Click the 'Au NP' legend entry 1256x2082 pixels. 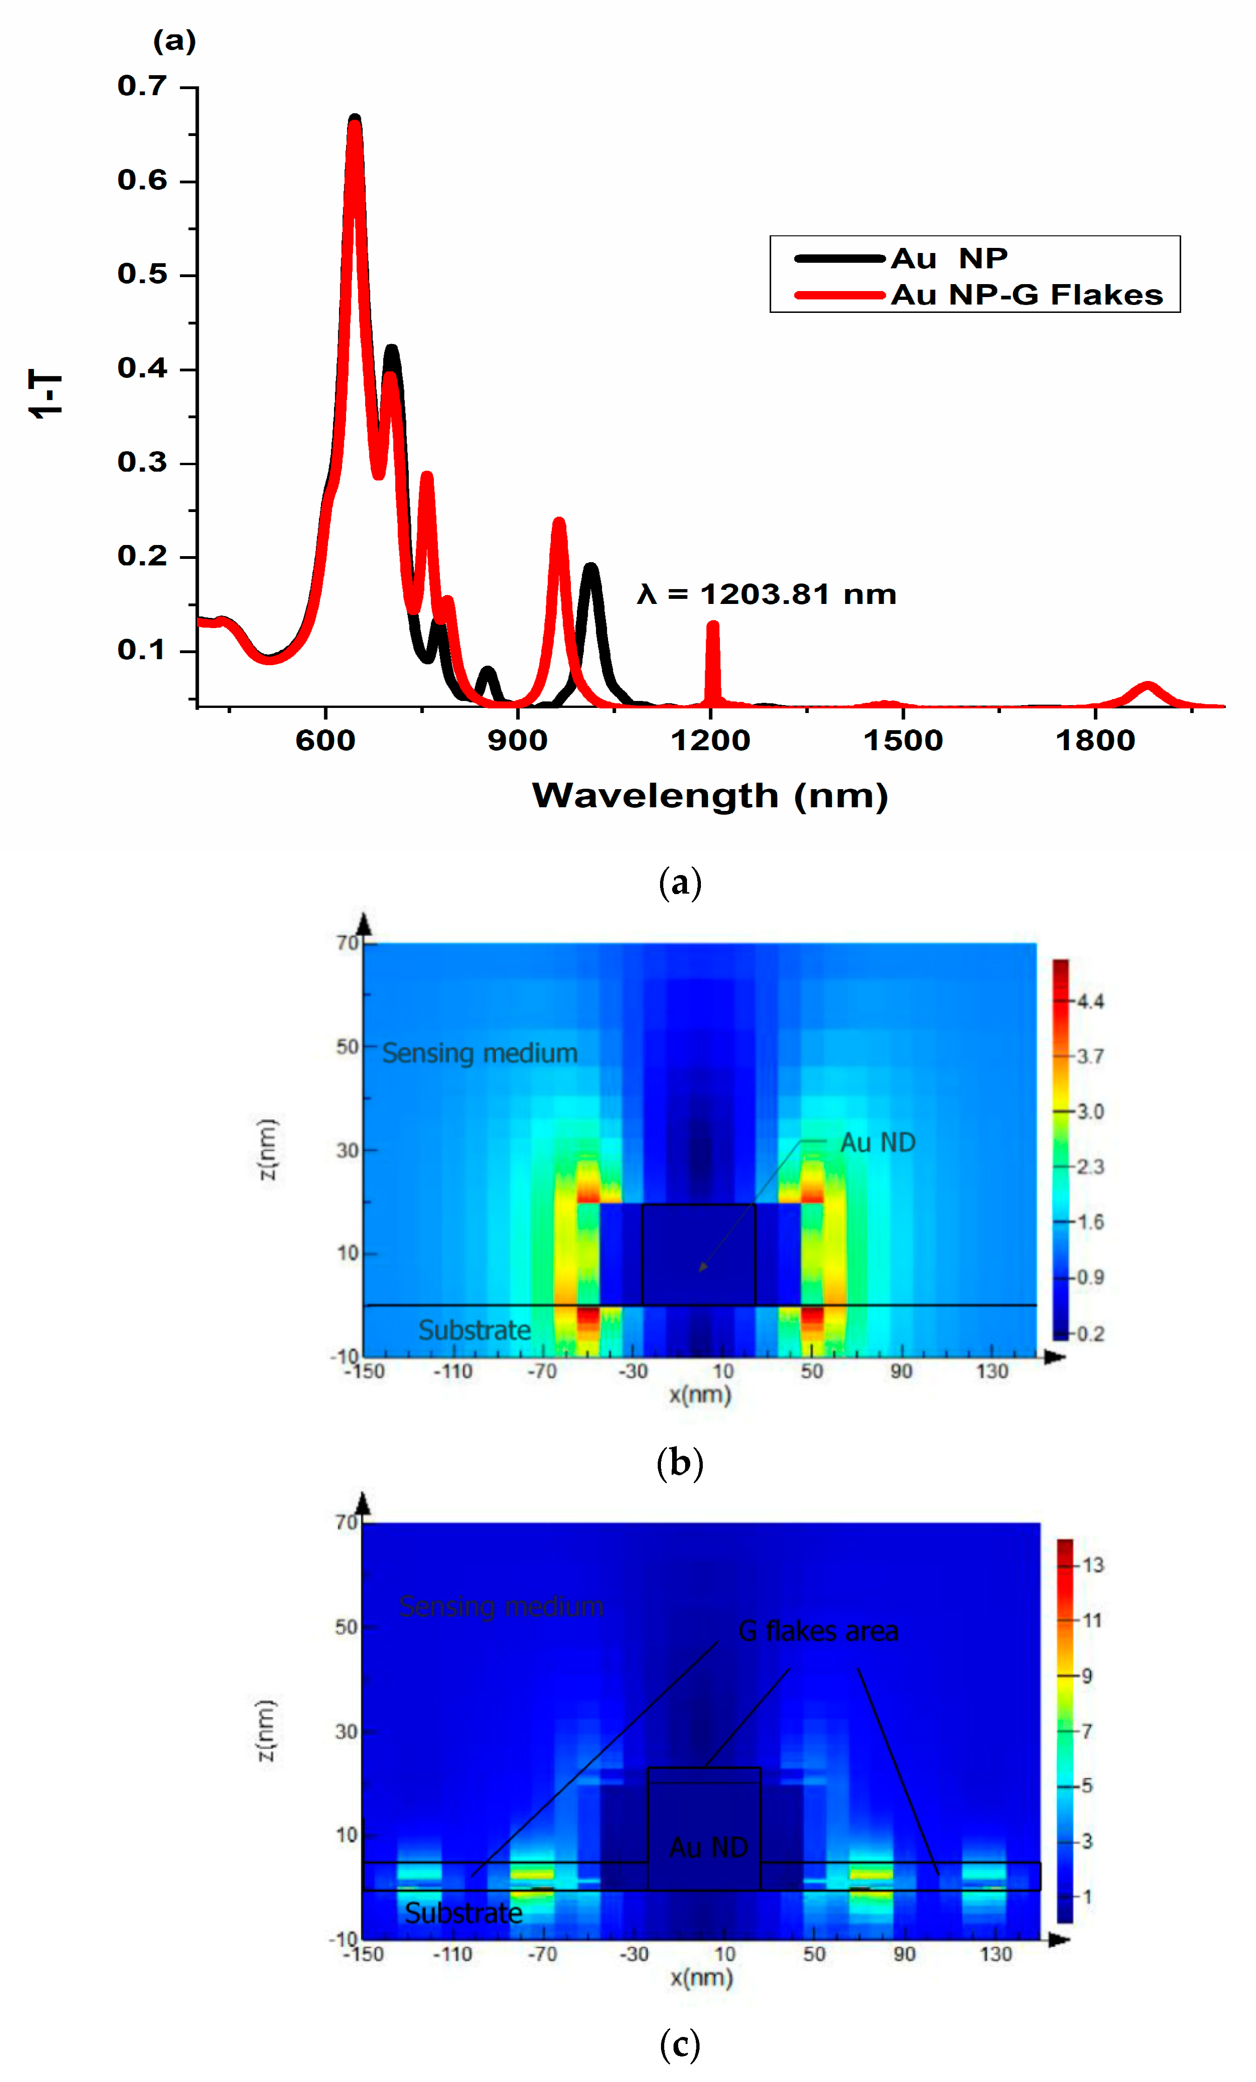click(x=949, y=258)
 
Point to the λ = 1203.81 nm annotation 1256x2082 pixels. click(x=766, y=594)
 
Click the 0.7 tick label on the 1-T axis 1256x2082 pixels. click(x=142, y=86)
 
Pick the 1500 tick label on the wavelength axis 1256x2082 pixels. click(x=903, y=740)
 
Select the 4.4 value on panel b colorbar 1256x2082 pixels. click(x=1090, y=1001)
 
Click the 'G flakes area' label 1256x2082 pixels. click(x=818, y=1632)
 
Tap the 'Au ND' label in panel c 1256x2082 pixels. click(x=708, y=1848)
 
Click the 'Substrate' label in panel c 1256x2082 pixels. click(x=463, y=1913)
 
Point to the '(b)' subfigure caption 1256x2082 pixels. click(x=680, y=1464)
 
